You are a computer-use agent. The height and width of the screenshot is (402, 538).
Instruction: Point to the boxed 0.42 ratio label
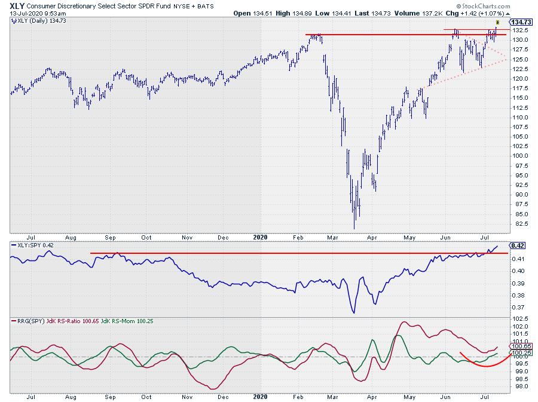pyautogui.click(x=517, y=246)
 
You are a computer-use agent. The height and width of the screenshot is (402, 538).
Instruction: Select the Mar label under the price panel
pyautogui.click(x=331, y=237)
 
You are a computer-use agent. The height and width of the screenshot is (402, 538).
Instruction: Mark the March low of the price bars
pyautogui.click(x=354, y=228)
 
